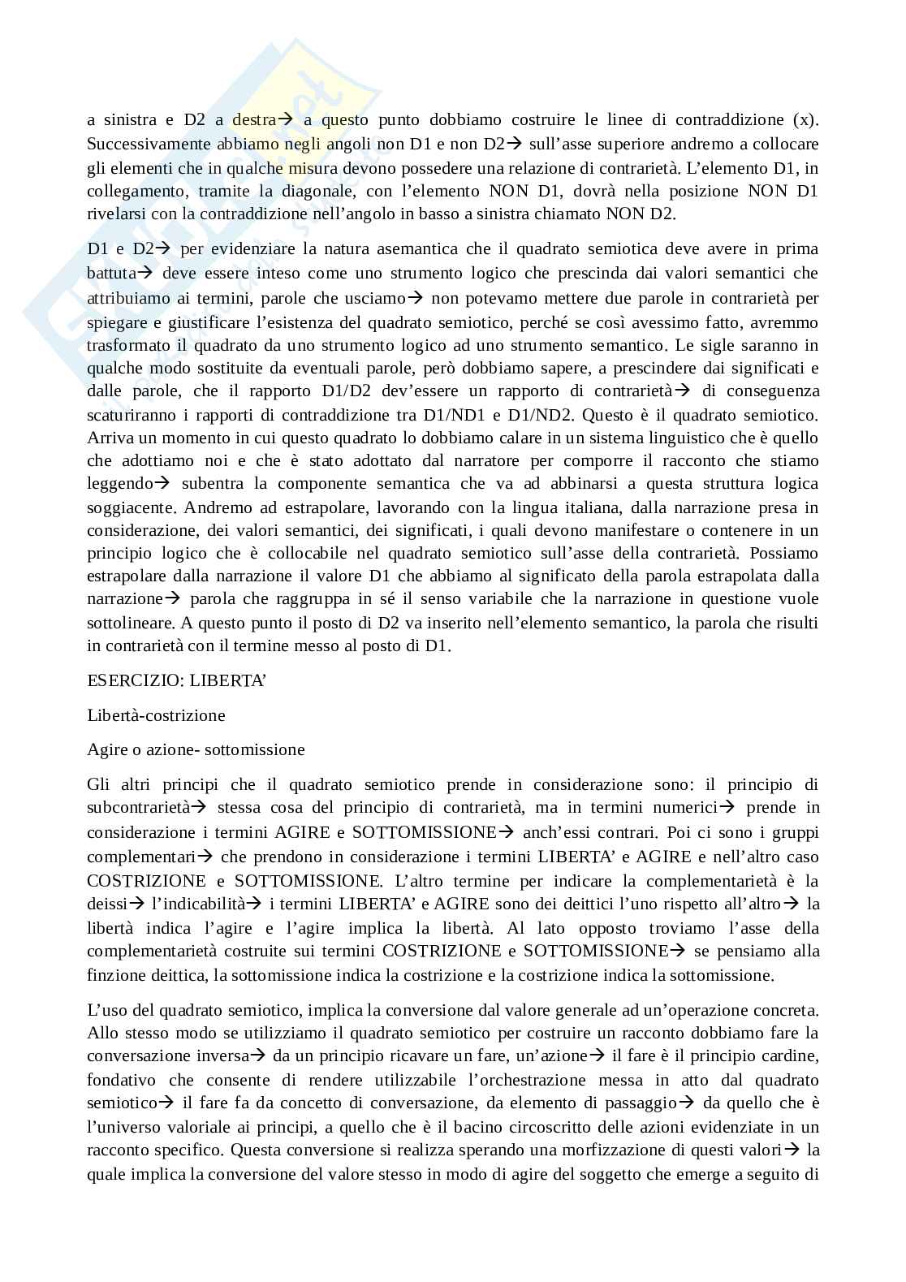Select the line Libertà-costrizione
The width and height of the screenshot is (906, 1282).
click(156, 715)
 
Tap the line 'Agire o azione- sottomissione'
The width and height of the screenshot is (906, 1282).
click(196, 749)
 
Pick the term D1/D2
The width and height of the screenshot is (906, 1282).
click(347, 391)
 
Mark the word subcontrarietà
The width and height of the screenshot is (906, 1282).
click(138, 808)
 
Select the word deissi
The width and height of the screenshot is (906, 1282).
click(107, 904)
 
